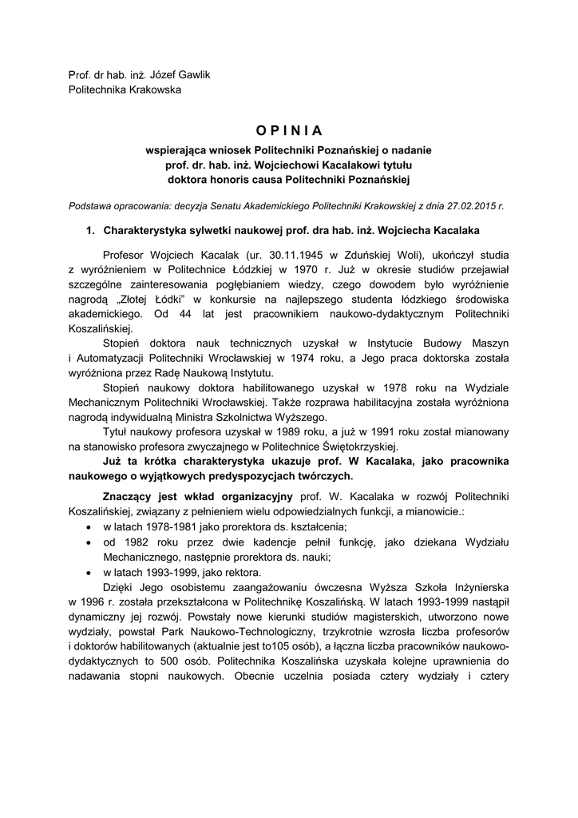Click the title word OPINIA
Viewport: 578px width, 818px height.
(290, 129)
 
